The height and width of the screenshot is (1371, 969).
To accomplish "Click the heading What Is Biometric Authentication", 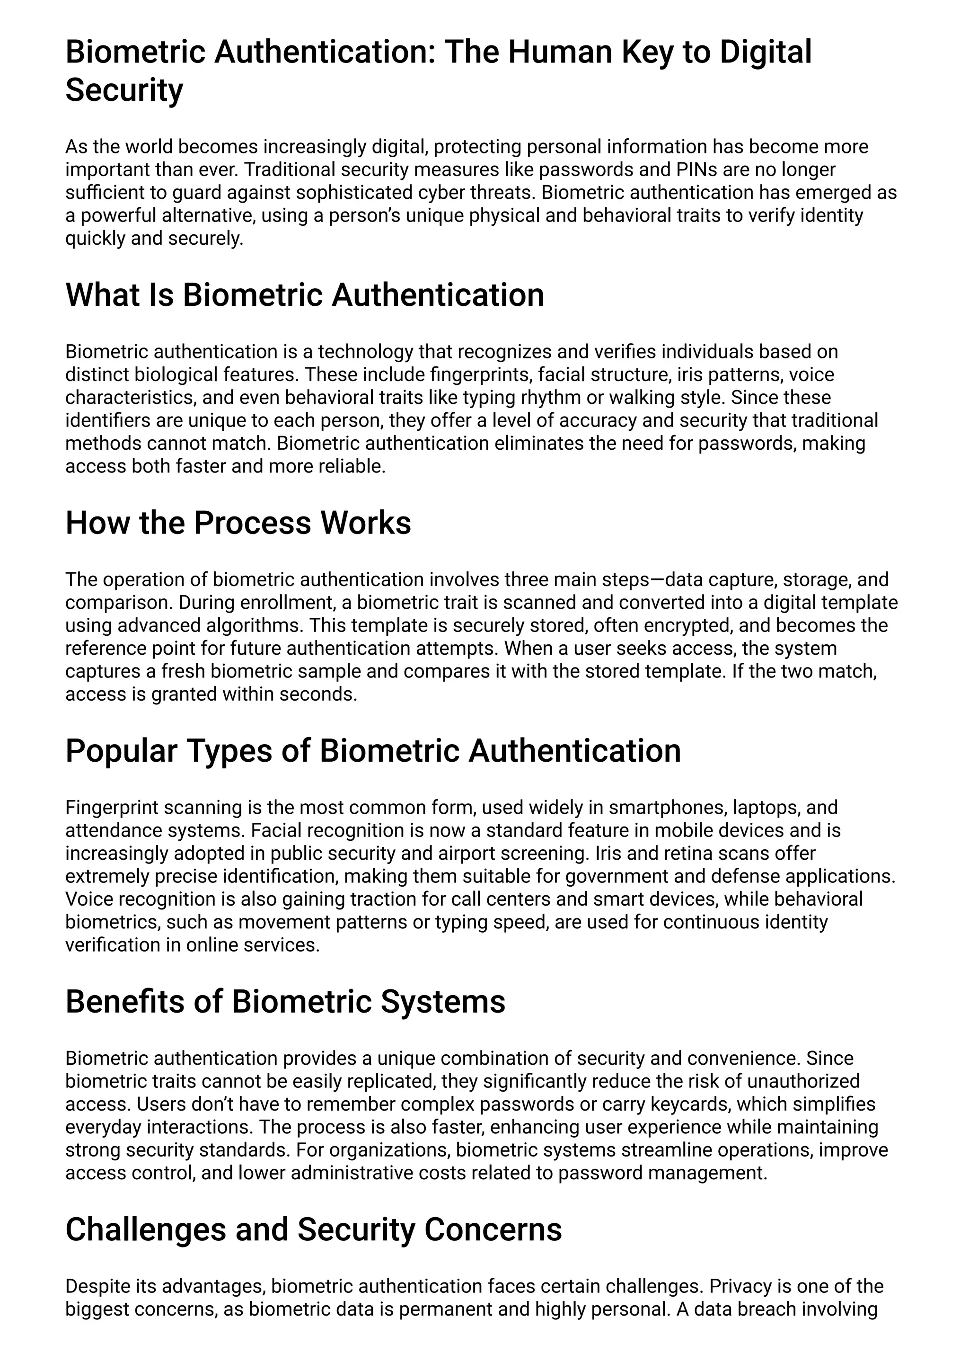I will [x=304, y=295].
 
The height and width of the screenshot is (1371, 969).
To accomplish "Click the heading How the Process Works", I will [x=238, y=523].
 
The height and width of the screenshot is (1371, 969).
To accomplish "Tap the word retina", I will [x=684, y=853].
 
